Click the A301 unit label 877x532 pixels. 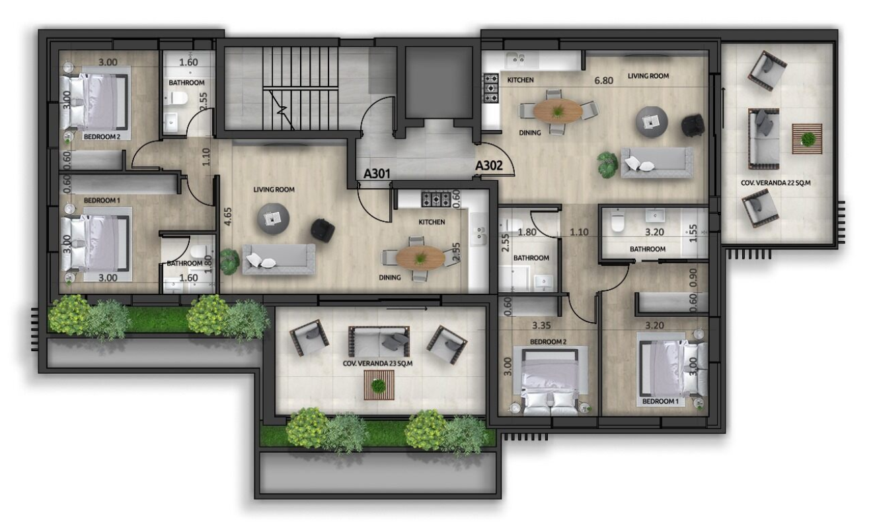point(377,174)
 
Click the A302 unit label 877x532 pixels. point(488,166)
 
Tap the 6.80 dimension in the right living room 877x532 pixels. point(603,81)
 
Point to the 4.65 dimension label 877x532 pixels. point(227,216)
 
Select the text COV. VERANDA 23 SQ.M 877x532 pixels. point(377,364)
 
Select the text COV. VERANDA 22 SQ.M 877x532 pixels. point(775,183)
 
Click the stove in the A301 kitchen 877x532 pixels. point(436,199)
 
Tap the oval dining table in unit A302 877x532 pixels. point(558,111)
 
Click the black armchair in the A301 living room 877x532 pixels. point(323,230)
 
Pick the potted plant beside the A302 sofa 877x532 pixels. point(608,165)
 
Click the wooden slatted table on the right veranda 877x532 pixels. point(807,139)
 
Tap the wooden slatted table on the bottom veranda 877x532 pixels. point(379,385)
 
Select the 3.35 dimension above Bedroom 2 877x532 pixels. point(541,325)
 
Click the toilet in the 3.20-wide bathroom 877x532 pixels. point(617,222)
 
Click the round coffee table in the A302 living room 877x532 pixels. point(652,122)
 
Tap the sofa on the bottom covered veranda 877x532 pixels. point(379,341)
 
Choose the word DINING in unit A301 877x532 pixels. point(389,277)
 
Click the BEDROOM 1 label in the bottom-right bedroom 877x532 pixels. point(660,401)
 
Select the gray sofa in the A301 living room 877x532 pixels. point(279,259)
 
